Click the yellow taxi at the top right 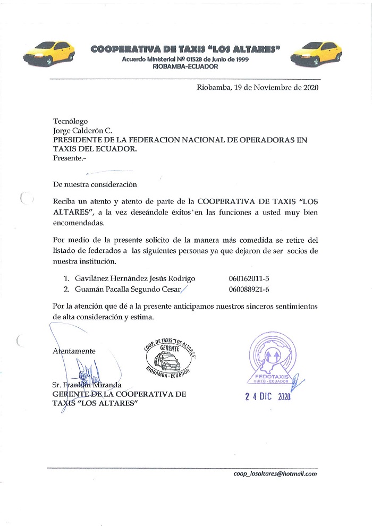(320, 53)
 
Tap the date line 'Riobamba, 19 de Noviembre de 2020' (257, 88)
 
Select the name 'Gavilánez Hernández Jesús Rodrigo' (134, 278)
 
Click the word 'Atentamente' (74, 351)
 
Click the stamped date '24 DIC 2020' (268, 396)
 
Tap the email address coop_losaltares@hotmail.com (275, 473)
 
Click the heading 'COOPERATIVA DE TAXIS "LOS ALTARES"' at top (185, 49)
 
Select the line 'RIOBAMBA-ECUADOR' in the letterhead (185, 67)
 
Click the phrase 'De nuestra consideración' (95, 185)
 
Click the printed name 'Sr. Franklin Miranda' (87, 385)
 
